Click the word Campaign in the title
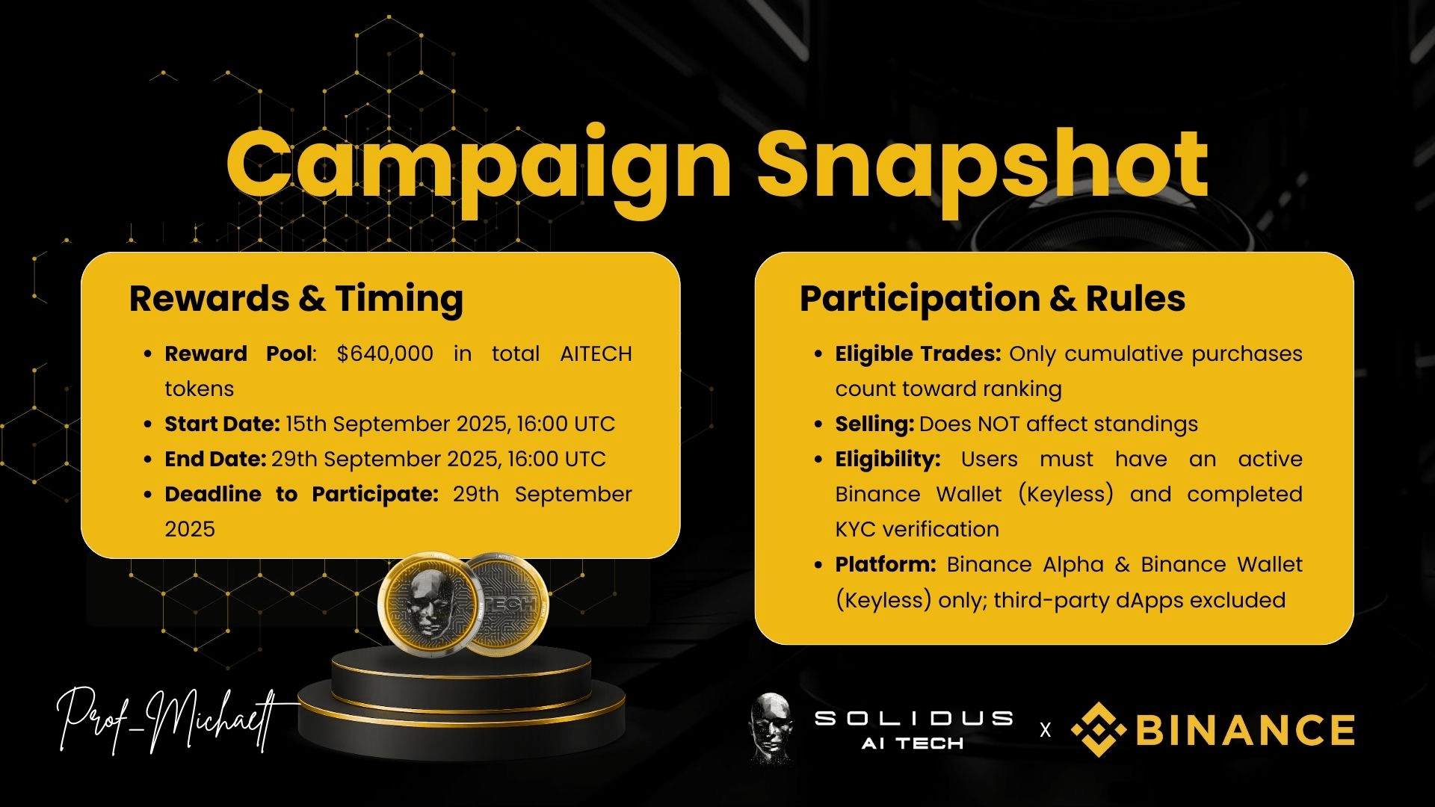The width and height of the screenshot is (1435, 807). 478,170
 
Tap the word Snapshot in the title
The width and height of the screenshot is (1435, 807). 982,170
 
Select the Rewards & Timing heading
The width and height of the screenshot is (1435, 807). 296,298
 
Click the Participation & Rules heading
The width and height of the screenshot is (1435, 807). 993,298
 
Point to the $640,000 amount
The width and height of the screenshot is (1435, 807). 385,353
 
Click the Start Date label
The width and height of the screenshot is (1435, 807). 222,424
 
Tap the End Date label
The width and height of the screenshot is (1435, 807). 215,459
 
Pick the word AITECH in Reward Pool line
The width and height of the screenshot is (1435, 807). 596,353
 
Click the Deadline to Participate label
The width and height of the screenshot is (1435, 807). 301,494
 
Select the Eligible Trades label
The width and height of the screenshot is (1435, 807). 918,353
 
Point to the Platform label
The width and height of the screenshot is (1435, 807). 886,564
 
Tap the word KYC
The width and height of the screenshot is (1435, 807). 856,529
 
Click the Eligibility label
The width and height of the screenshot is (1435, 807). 888,459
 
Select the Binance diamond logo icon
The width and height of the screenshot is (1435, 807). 1099,729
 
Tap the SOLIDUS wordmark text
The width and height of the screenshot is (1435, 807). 913,718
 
